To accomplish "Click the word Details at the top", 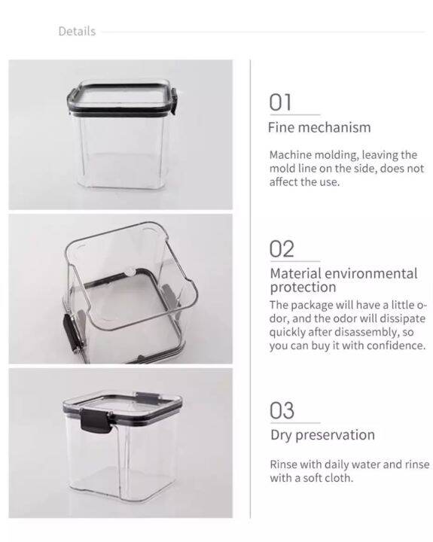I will [x=77, y=32].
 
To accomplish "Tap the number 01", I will [x=281, y=102].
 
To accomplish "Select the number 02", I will [x=282, y=249].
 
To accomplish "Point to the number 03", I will [x=282, y=411].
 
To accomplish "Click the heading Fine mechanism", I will [x=319, y=127].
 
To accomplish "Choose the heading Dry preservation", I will [x=322, y=435].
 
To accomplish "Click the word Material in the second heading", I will [x=295, y=273].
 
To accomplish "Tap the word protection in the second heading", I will [x=303, y=288].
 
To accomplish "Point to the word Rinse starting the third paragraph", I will [x=284, y=464].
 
